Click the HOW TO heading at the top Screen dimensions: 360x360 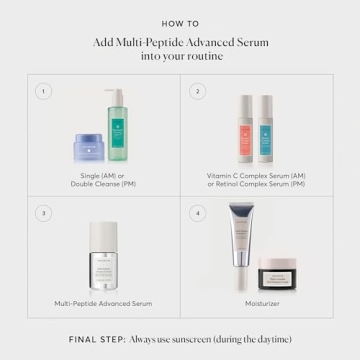coord(179,22)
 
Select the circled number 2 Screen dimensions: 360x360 coord(197,91)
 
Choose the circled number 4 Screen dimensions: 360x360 coord(197,212)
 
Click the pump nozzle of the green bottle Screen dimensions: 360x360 coord(112,93)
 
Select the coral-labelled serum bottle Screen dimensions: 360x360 coord(246,130)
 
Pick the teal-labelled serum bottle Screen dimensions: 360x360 coord(266,130)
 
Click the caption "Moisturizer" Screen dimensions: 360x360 coord(256,302)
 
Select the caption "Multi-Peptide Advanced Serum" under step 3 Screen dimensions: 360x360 coord(104,302)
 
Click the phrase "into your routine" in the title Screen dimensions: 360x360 coord(179,56)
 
